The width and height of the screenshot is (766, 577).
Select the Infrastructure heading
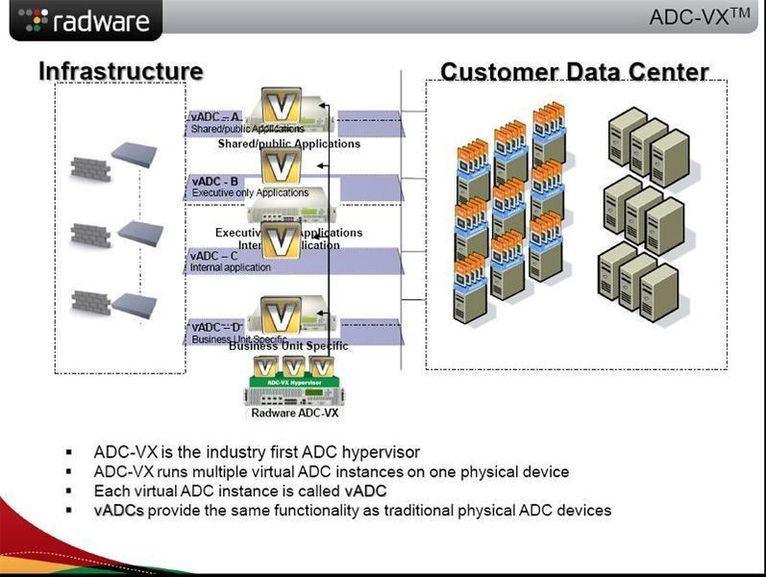coord(120,71)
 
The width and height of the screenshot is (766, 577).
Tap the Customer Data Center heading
coord(574,72)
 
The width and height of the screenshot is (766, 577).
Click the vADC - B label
coord(215,181)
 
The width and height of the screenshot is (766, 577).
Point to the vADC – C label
coord(214,256)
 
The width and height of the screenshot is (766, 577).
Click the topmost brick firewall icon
coord(91,167)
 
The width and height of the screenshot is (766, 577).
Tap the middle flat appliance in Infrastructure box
coord(134,232)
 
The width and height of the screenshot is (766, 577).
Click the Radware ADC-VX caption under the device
coord(294,414)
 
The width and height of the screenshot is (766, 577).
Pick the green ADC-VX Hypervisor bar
coord(294,382)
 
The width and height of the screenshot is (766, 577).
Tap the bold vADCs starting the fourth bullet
coord(118,510)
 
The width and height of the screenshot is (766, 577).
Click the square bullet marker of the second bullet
coord(69,472)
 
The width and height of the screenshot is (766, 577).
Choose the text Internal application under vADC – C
coord(231,267)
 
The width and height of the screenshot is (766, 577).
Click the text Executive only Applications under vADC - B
coord(250,192)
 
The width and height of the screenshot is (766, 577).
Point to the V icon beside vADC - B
coord(282,166)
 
